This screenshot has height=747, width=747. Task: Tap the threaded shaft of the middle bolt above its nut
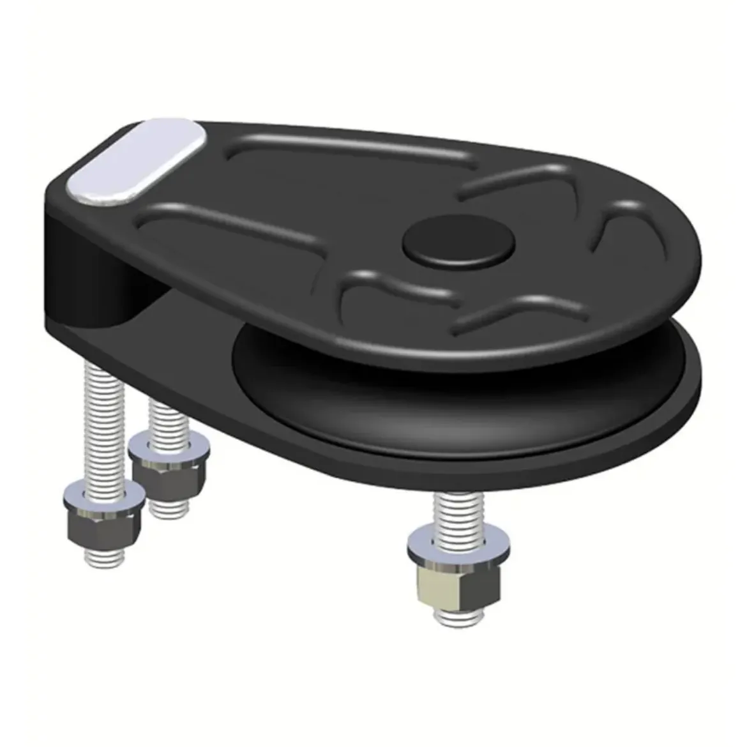(167, 415)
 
